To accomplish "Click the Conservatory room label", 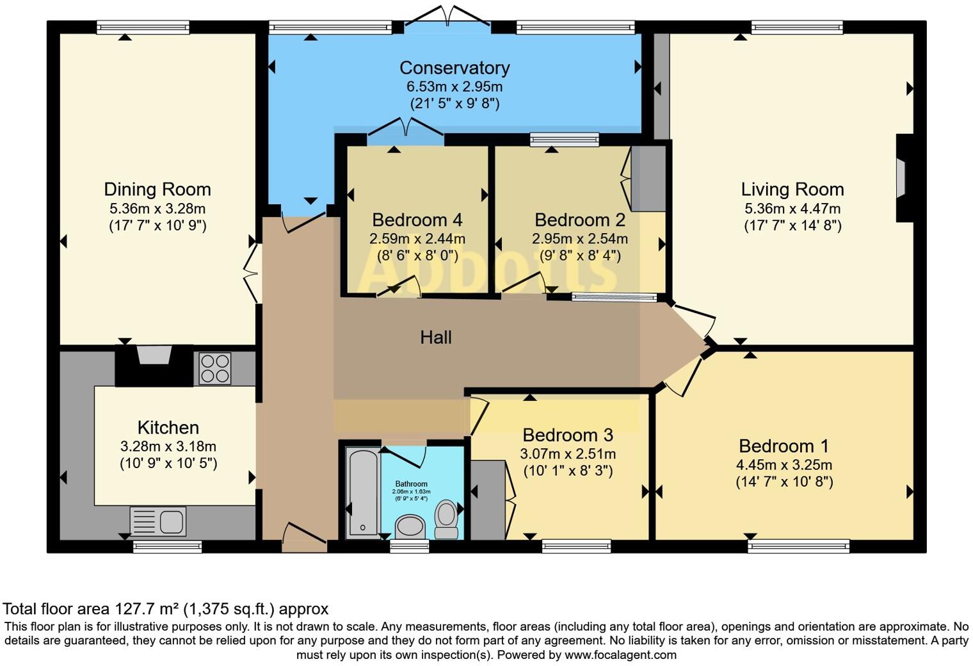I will pos(454,68).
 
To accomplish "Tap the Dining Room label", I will pos(157,190).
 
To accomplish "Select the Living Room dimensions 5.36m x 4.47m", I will pos(792,209).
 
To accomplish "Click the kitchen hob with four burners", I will pos(214,368).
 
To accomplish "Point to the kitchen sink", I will pos(158,521).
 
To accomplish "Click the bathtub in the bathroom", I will pos(363,492).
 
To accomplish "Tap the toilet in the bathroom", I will pos(446,519).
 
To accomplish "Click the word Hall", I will pos(436,337).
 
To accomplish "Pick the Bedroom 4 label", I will pos(417,220).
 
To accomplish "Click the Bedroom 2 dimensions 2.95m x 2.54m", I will pos(580,239).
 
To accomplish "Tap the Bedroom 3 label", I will pos(568,435).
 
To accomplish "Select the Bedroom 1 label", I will pos(784,446).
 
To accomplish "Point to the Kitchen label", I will pos(168,428).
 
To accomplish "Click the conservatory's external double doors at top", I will pos(448,17).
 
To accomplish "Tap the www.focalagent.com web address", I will pos(620,655).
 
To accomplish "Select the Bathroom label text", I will pos(411,484).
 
